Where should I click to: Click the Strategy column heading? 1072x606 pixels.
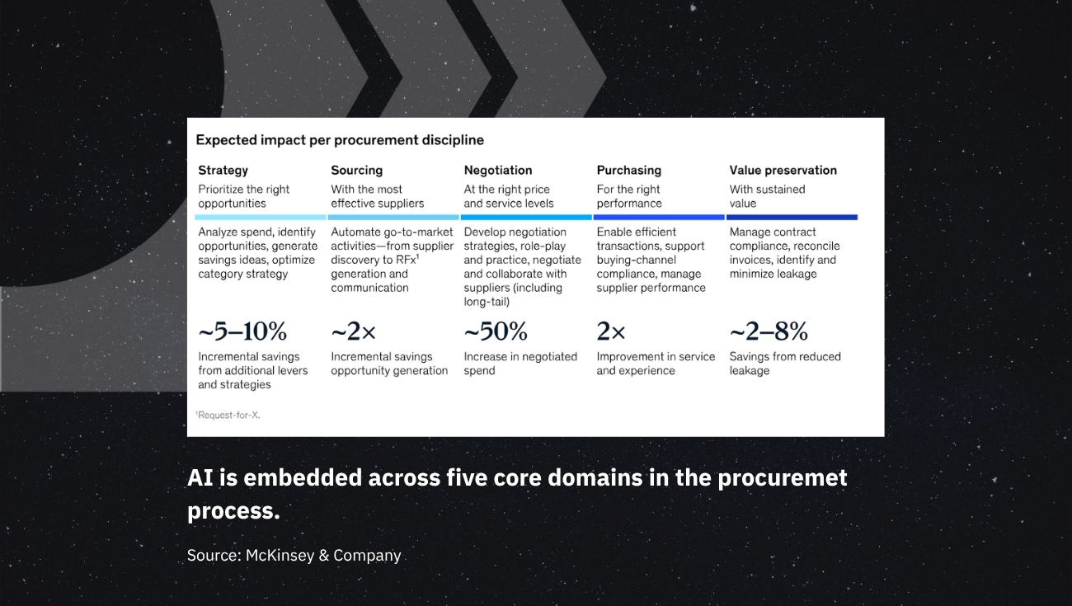tap(223, 171)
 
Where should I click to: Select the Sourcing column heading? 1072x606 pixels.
tap(356, 171)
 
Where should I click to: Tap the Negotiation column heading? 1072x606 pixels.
tap(498, 171)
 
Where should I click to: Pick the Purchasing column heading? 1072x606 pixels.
tap(629, 171)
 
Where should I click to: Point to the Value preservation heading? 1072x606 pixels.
tap(783, 171)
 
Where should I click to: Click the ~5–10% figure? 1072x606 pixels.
tap(242, 331)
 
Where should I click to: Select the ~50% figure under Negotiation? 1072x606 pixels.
tap(496, 331)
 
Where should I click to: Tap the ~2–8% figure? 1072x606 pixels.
tap(769, 331)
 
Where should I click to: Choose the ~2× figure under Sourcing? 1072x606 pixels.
tap(353, 331)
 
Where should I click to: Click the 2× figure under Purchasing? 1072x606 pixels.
tap(611, 331)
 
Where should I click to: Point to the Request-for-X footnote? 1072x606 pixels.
tap(228, 415)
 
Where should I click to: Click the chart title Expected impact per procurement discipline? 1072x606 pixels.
tap(340, 140)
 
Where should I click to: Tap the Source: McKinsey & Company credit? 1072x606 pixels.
tap(294, 555)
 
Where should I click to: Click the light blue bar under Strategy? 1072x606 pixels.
tap(261, 218)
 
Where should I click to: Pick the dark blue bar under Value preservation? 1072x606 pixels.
tap(792, 218)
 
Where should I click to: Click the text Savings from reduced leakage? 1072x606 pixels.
tap(785, 364)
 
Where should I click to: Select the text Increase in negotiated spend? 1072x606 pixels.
tap(520, 364)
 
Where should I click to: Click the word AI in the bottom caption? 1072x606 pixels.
tap(200, 478)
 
